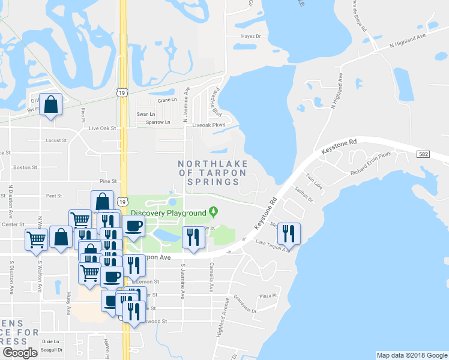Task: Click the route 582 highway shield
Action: [x=423, y=155]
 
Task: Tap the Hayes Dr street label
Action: [x=251, y=36]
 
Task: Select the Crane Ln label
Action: [x=167, y=100]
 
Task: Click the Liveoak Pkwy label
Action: [x=208, y=125]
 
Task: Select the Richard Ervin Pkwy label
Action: [x=370, y=163]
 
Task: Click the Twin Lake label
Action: [x=315, y=182]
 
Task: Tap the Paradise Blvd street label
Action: [x=215, y=102]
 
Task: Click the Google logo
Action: [x=19, y=353]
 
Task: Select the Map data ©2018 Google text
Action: [x=411, y=355]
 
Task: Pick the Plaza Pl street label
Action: [x=267, y=296]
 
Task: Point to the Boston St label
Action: [x=25, y=167]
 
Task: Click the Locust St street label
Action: [x=55, y=140]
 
